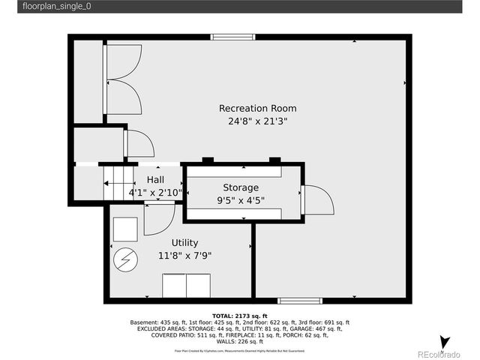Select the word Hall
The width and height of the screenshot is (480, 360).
pos(155,180)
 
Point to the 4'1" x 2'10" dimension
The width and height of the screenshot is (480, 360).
pos(155,193)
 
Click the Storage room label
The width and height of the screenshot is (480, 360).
pos(240,187)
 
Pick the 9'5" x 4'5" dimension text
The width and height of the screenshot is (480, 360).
pos(240,200)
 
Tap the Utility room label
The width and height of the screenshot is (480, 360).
pos(184,243)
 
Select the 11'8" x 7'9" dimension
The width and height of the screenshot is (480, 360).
pos(184,255)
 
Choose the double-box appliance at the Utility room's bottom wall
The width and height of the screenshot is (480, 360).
pos(187,286)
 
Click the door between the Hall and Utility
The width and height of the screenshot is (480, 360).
pos(159,217)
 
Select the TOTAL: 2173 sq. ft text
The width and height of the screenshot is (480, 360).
pos(240,316)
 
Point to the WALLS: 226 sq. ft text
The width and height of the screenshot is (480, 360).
pos(240,340)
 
